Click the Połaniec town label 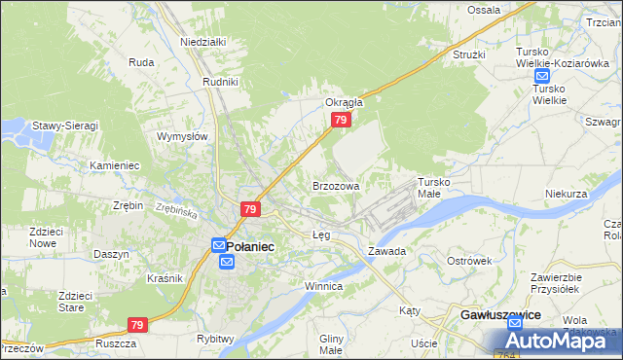(251, 247)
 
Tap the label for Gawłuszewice (499, 317)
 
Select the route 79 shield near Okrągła (341, 119)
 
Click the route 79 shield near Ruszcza (137, 325)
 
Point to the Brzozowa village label (336, 185)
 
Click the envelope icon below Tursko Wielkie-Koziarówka (543, 75)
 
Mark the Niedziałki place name (202, 42)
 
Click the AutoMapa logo (559, 341)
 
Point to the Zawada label (386, 250)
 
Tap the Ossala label (483, 10)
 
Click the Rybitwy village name (215, 339)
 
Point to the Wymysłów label (183, 136)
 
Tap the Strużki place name (468, 54)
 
